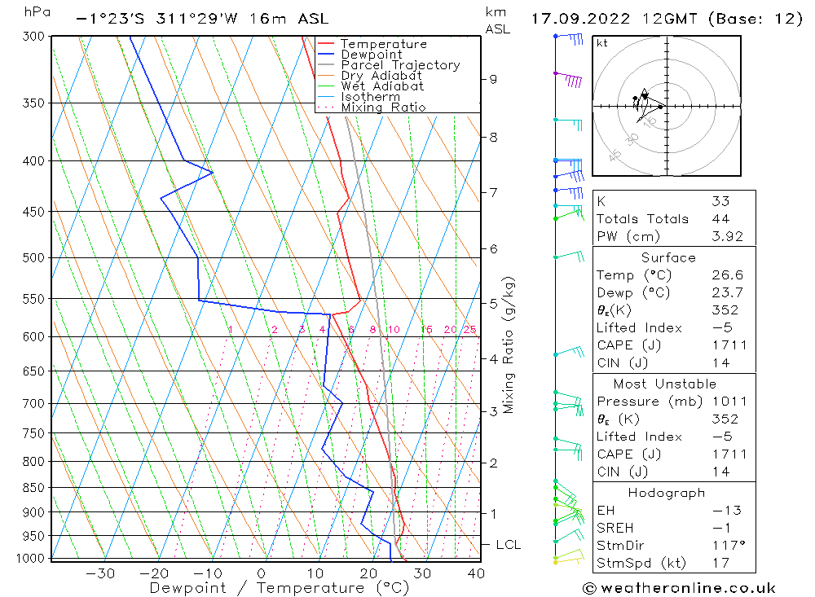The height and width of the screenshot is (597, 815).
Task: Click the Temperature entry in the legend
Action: [383, 44]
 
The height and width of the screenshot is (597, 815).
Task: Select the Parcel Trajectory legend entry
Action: [400, 65]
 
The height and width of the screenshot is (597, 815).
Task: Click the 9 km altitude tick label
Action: [493, 79]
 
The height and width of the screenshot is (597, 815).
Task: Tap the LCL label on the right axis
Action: [508, 544]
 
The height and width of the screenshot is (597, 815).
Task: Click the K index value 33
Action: [720, 201]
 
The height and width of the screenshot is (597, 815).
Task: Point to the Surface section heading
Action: [668, 257]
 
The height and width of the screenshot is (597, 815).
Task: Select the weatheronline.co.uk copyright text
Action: [679, 587]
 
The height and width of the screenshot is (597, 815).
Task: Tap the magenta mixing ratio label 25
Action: [469, 329]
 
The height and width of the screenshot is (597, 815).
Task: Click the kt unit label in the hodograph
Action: [602, 43]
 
